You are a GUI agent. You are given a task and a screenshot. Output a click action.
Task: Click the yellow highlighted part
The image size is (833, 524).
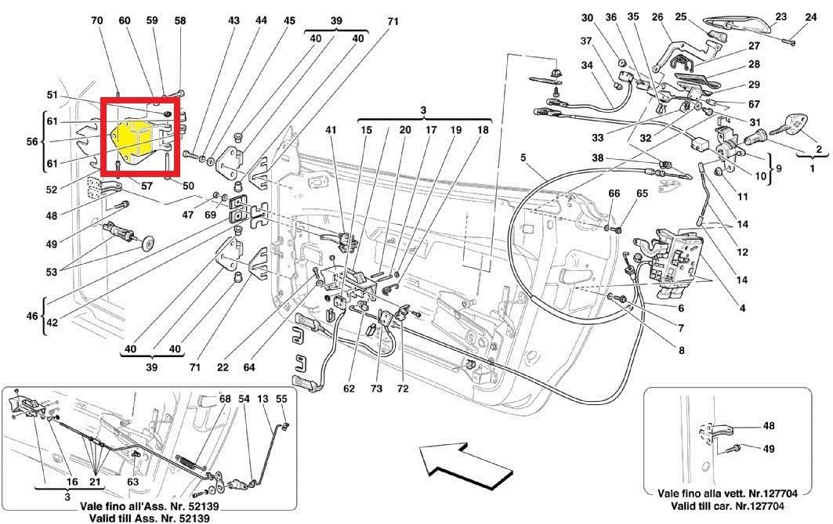[133, 139]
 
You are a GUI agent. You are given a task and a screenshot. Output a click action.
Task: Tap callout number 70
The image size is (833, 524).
[97, 21]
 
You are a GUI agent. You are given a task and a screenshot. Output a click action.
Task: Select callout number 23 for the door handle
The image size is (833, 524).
[780, 16]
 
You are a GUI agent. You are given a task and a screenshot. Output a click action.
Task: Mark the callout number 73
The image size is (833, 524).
[377, 388]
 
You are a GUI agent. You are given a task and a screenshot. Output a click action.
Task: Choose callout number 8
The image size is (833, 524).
[681, 350]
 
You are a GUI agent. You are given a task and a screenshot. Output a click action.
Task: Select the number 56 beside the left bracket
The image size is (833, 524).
[32, 142]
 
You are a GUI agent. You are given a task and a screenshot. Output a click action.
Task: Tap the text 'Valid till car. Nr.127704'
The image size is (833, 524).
[737, 508]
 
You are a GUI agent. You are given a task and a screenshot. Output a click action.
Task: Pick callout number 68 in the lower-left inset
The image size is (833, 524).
[225, 399]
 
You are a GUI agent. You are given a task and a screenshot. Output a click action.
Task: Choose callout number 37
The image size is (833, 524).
[586, 42]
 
